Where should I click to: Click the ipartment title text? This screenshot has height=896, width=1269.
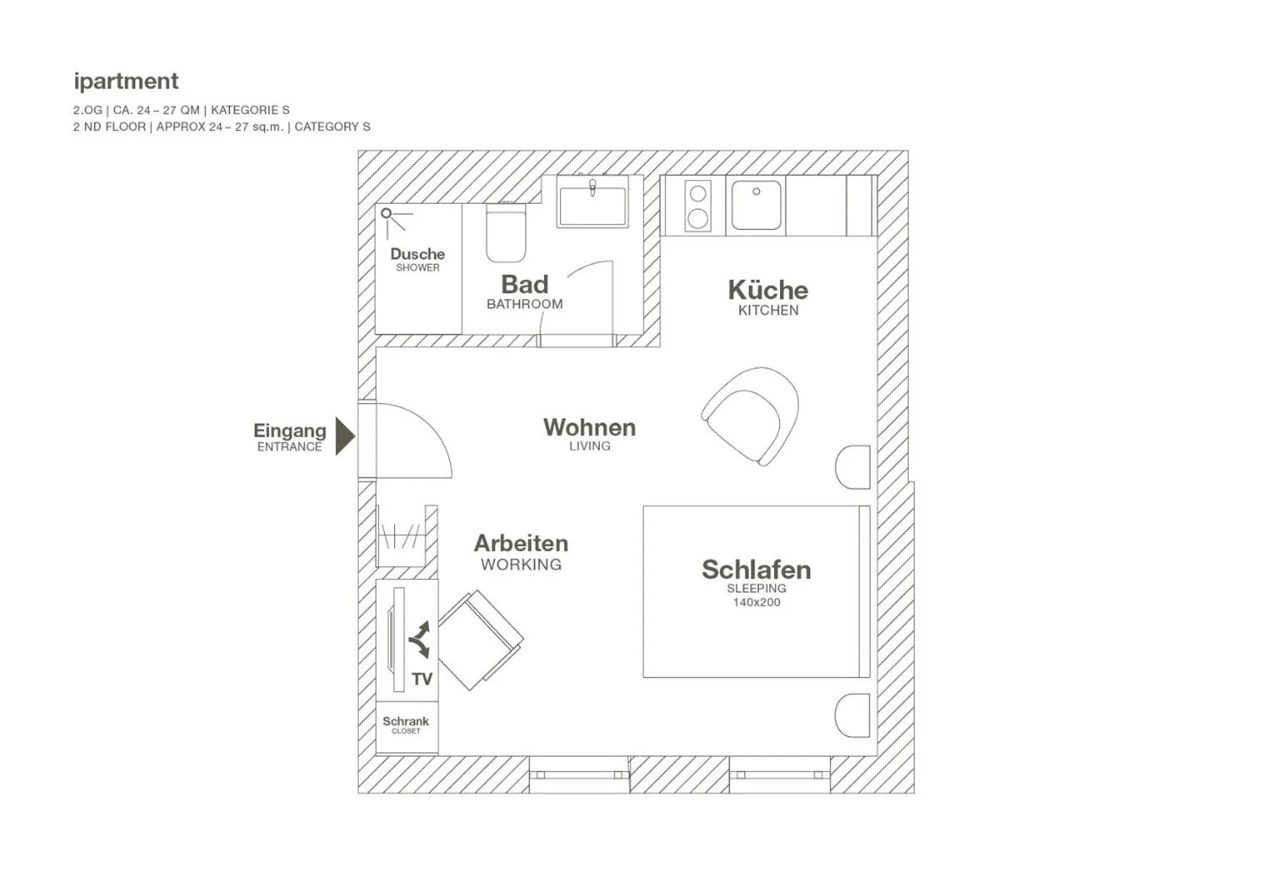[x=126, y=81]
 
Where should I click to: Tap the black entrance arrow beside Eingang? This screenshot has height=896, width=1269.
[x=344, y=436]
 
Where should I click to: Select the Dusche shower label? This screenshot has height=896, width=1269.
[x=417, y=255]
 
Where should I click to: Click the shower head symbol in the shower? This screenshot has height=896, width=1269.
[x=387, y=214]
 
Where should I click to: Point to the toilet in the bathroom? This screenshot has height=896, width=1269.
[x=506, y=234]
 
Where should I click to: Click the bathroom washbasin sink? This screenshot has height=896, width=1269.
[x=593, y=206]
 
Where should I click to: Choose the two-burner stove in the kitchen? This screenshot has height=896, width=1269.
[x=697, y=206]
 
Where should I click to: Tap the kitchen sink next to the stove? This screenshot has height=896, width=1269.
[x=756, y=206]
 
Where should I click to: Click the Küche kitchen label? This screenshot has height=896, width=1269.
[x=768, y=291]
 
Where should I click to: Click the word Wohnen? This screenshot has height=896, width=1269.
[x=589, y=427]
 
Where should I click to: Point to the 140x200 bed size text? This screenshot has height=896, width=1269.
[x=756, y=602]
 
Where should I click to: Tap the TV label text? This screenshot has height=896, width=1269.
[x=422, y=679]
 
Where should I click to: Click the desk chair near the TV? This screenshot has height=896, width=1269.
[x=478, y=639]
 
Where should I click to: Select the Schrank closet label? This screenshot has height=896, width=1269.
[x=406, y=722]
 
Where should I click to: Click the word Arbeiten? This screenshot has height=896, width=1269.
[x=521, y=544]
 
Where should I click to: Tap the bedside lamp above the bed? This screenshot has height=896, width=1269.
[x=854, y=467]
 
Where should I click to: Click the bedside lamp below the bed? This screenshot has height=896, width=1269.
[x=854, y=716]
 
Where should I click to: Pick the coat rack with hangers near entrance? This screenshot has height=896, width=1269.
[x=400, y=537]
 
